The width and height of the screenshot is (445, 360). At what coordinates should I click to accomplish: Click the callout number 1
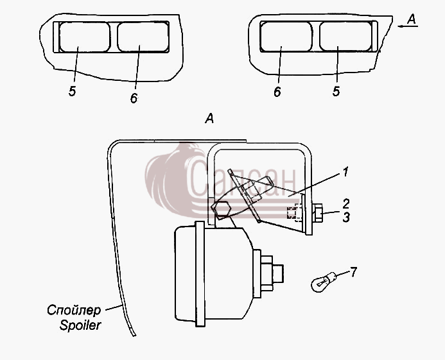(345, 172)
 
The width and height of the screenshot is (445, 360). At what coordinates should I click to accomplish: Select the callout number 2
(346, 203)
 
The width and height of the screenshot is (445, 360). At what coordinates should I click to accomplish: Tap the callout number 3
(346, 218)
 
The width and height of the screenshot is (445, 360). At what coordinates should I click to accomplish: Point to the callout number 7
(353, 272)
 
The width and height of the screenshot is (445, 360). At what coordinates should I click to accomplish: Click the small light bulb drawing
(324, 282)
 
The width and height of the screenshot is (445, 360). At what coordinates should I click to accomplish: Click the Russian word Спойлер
(74, 311)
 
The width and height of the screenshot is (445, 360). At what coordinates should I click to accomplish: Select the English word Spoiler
(80, 325)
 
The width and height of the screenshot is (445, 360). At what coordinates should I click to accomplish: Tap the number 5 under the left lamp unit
(72, 91)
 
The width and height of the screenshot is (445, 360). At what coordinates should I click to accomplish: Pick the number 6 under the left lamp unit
(134, 98)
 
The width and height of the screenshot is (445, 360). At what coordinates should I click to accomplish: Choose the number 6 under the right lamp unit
(277, 92)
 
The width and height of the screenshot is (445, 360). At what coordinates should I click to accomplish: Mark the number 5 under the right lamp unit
(336, 91)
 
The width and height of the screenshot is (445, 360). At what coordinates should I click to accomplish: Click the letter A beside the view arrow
(412, 19)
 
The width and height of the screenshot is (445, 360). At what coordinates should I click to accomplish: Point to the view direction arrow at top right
(408, 26)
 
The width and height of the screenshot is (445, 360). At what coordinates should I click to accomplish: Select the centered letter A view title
(209, 118)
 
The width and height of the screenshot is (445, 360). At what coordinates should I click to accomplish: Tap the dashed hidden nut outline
(293, 213)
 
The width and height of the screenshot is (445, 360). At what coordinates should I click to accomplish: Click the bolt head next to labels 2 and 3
(317, 213)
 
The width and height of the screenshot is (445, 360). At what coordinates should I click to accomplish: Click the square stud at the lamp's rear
(278, 273)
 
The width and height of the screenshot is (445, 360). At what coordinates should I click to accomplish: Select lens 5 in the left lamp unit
(85, 37)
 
